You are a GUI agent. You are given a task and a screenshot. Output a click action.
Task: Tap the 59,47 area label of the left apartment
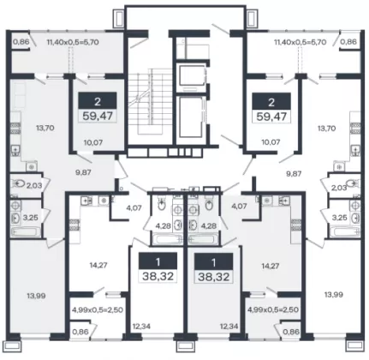tap(98, 117)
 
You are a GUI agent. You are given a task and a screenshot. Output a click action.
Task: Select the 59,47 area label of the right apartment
tap(271, 117)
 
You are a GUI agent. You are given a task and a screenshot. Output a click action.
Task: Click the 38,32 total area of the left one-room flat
tap(158, 276)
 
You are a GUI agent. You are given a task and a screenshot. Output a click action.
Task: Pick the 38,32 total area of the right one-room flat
tap(214, 277)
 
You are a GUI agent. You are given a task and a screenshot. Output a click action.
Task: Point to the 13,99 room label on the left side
tap(37, 296)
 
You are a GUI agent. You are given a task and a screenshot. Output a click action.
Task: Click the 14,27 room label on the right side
tap(271, 267)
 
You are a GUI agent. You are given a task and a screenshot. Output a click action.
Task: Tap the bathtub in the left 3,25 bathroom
tap(24, 231)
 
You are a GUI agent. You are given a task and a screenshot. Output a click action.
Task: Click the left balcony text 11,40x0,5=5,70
tap(73, 42)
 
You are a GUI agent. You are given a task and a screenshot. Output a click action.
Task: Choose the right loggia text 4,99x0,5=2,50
tap(273, 309)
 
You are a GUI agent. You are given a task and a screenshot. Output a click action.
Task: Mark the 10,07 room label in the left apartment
tap(93, 141)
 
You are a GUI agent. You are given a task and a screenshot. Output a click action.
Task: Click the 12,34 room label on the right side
tap(229, 326)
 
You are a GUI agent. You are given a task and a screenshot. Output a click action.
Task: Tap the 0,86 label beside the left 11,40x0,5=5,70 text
tap(21, 42)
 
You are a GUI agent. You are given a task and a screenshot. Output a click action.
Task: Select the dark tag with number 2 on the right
tap(271, 101)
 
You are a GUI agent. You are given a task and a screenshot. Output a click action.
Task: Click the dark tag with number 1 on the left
tap(158, 261)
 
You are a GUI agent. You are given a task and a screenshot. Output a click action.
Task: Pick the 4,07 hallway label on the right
tap(239, 206)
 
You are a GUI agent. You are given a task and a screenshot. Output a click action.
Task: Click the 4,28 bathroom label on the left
tap(163, 226)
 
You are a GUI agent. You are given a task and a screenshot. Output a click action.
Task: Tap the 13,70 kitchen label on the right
tap(327, 129)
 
